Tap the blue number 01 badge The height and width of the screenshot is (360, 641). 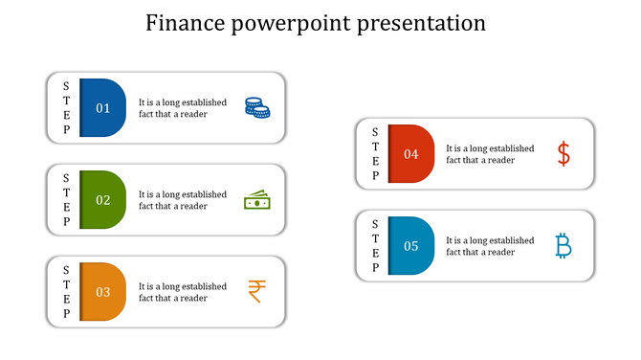click(x=102, y=108)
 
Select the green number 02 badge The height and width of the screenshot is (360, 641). click(x=102, y=200)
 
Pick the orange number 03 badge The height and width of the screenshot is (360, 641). click(x=102, y=292)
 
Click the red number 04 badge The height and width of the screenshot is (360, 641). click(x=410, y=154)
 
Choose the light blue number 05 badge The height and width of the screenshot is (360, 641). click(x=410, y=246)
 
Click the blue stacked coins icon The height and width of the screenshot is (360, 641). click(x=256, y=108)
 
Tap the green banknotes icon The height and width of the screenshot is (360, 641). click(x=256, y=200)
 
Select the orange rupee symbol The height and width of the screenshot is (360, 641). click(x=256, y=291)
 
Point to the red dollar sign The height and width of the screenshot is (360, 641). click(x=564, y=153)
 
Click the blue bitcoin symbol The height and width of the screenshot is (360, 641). click(x=564, y=246)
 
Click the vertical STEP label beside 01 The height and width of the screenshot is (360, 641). click(x=66, y=108)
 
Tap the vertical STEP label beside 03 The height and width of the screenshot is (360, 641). click(x=66, y=292)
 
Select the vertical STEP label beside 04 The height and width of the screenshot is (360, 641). click(x=374, y=154)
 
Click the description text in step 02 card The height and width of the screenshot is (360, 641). click(x=183, y=200)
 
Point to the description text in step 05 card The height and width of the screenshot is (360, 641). click(x=490, y=246)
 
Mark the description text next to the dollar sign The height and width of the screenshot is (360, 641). click(x=490, y=154)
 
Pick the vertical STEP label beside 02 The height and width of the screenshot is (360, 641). click(x=66, y=200)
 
